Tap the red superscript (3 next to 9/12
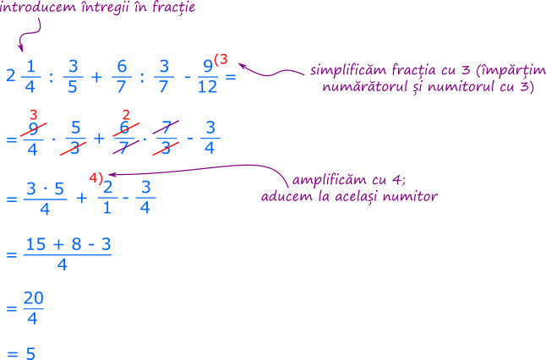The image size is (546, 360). (x=221, y=59)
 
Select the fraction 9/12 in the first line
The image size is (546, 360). (x=206, y=77)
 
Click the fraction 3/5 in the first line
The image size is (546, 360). (x=73, y=77)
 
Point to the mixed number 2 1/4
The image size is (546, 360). (x=22, y=76)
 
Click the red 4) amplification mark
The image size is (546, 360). (x=96, y=177)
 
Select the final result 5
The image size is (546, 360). (x=30, y=352)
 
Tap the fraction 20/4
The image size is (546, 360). (x=34, y=309)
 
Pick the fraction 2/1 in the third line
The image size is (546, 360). (x=108, y=198)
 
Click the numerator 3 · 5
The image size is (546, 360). (x=46, y=188)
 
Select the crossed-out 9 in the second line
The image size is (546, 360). (x=33, y=129)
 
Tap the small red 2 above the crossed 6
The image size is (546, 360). (x=126, y=114)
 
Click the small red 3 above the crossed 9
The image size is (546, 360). (x=33, y=114)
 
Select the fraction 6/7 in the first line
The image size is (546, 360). (x=122, y=77)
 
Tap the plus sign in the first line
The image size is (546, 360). (x=96, y=77)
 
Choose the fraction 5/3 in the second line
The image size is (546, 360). (x=75, y=139)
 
